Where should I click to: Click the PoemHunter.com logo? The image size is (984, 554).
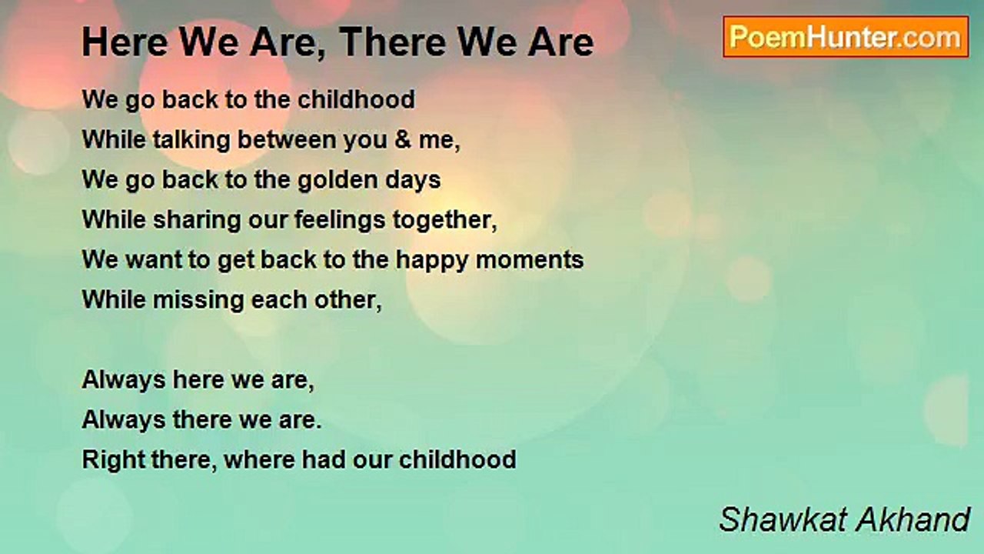coord(846,37)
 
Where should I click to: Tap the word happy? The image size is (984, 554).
coord(432,260)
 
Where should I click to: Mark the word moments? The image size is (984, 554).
coord(530,260)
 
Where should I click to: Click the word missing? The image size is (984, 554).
coord(189,300)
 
